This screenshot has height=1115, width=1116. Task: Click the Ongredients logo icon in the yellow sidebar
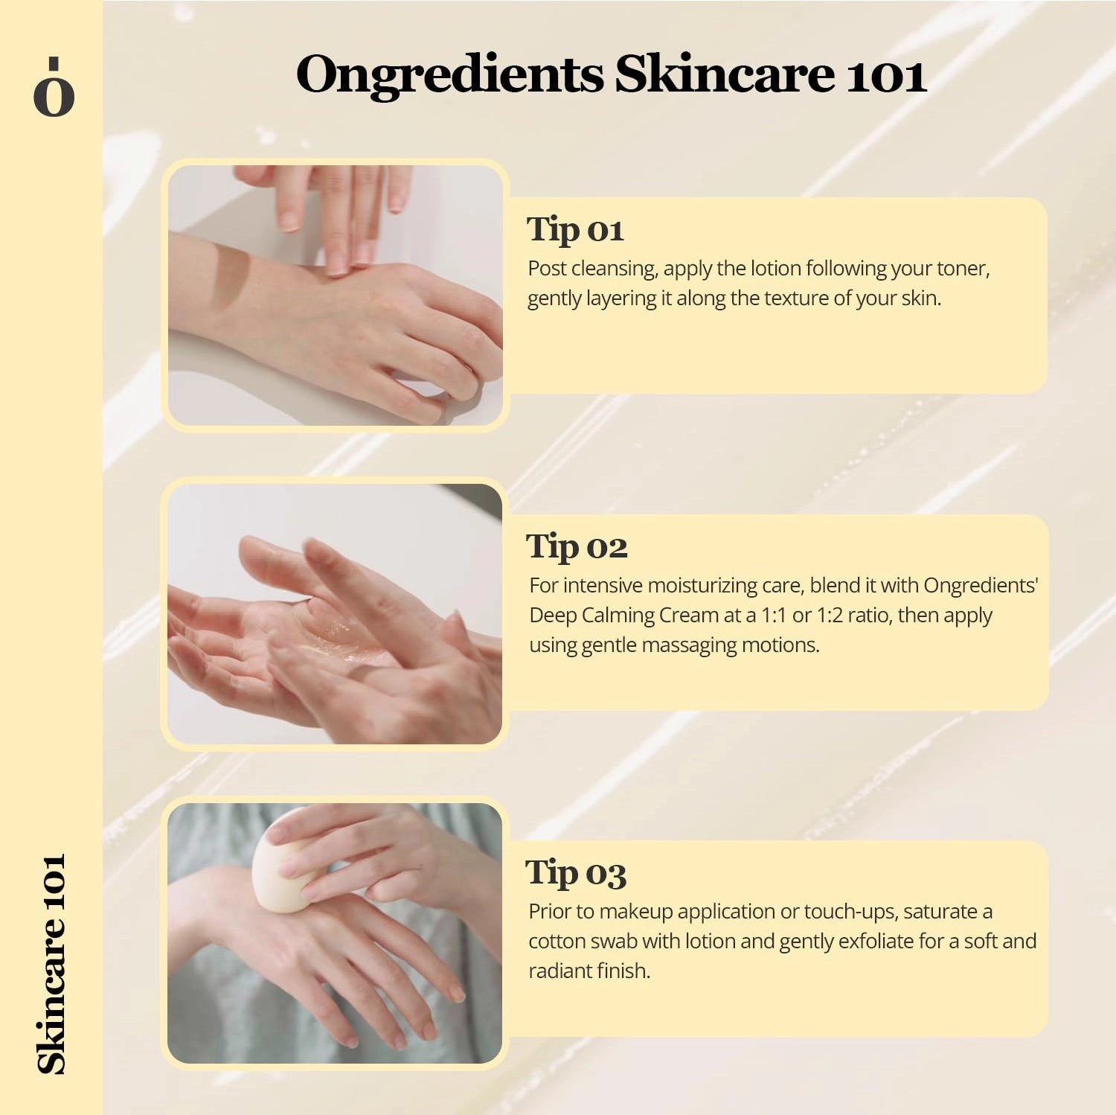pos(54,88)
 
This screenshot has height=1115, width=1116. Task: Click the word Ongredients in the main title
pos(449,76)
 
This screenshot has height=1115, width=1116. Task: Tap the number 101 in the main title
pos(886,76)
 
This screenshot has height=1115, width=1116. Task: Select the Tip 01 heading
pos(575,229)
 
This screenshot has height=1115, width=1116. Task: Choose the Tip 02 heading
pos(577,547)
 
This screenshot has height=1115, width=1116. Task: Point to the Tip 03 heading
pos(576,872)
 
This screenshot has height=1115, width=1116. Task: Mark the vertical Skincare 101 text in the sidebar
pos(52,963)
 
